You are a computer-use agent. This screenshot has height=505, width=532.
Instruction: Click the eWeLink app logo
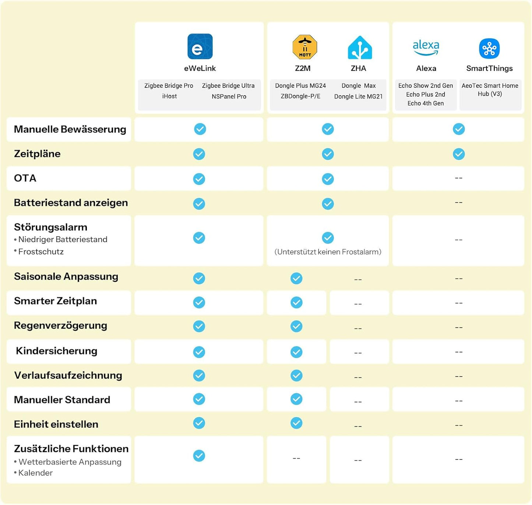click(x=200, y=46)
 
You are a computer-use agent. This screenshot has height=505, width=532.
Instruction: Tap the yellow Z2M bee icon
click(x=305, y=47)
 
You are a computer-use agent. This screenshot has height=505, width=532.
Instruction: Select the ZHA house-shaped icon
click(x=360, y=47)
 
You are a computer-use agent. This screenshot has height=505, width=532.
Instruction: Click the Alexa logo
click(x=426, y=47)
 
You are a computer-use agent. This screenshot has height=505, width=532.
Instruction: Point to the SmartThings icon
click(x=489, y=49)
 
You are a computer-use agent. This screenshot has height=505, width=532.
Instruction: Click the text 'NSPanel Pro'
click(x=229, y=96)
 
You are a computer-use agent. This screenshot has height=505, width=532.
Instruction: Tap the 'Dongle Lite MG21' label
click(x=358, y=96)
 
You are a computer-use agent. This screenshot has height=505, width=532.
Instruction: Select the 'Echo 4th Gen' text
click(x=426, y=103)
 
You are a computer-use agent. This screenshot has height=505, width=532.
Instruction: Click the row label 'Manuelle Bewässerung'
click(x=70, y=129)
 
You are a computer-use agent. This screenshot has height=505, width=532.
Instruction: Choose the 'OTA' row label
click(x=25, y=178)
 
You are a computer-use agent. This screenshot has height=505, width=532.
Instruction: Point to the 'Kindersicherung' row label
click(x=57, y=351)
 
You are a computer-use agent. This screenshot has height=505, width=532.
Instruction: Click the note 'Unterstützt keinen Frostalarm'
click(x=328, y=252)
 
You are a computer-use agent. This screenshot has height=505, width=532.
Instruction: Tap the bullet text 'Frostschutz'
click(x=41, y=252)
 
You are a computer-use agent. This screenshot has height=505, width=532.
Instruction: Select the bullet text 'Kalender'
click(x=35, y=473)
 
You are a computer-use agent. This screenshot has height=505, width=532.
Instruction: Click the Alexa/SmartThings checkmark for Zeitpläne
click(x=459, y=154)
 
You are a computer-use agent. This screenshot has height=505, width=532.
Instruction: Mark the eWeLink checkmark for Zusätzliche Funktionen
click(x=199, y=455)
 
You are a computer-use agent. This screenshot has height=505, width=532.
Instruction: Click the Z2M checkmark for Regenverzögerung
click(x=296, y=326)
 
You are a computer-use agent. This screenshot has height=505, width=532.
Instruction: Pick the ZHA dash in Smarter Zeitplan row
click(x=358, y=304)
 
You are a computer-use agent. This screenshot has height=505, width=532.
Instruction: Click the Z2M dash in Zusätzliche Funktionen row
click(x=296, y=458)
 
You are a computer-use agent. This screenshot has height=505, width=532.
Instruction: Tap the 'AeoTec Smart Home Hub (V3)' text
click(x=490, y=90)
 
